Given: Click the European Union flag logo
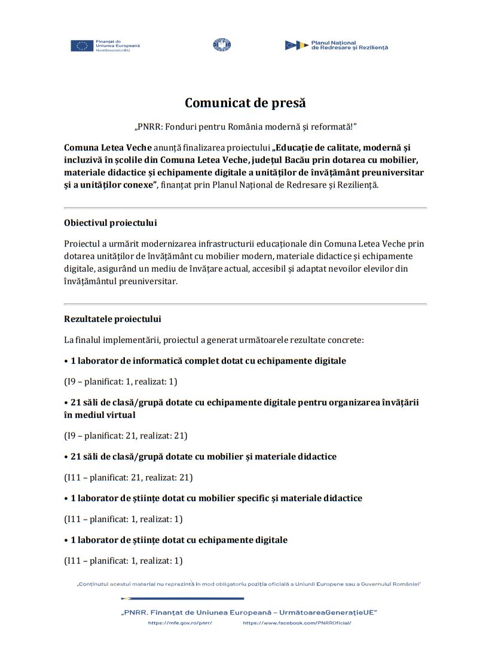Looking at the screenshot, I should pyautogui.click(x=82, y=45).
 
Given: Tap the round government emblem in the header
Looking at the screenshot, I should pyautogui.click(x=222, y=45).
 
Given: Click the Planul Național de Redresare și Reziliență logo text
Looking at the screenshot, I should pyautogui.click(x=349, y=45).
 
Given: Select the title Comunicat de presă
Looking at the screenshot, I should pyautogui.click(x=245, y=103).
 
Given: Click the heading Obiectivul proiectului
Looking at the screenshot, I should pyautogui.click(x=111, y=223).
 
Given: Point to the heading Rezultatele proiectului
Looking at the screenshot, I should pyautogui.click(x=112, y=319).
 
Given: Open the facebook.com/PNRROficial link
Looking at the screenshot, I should pyautogui.click(x=297, y=623).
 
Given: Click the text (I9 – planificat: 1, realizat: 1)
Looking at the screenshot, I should pyautogui.click(x=121, y=382).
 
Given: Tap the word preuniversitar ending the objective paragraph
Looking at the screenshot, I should pyautogui.click(x=148, y=281).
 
